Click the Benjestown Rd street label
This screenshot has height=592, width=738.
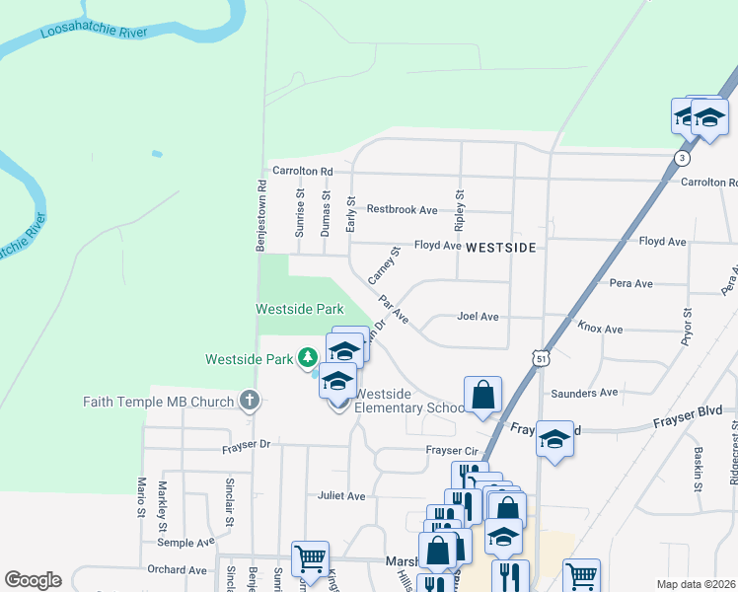point(261,215)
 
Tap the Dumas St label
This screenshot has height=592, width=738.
point(326,211)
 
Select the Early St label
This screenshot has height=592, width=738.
point(350,213)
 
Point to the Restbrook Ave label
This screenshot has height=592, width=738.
point(402,210)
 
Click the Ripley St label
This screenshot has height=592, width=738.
point(459,208)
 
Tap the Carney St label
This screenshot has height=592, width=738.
point(383,264)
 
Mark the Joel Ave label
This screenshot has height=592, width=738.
point(478,317)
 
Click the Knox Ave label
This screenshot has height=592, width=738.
point(600,329)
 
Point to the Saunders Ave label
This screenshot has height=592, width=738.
point(585,394)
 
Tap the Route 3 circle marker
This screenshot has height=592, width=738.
point(681,158)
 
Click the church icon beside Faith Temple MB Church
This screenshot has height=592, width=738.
point(250,402)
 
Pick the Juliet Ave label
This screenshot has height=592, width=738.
point(341,495)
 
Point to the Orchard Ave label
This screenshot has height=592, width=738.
point(177,569)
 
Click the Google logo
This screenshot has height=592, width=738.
point(33,580)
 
